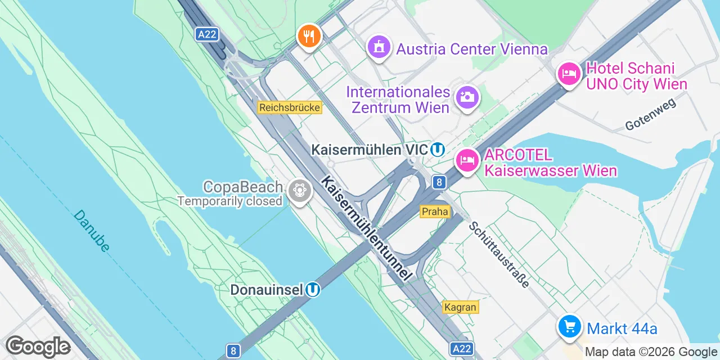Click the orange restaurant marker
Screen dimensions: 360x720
(308, 37)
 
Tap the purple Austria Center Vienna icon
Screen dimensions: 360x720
(380, 47)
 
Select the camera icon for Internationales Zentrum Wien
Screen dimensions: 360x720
(466, 97)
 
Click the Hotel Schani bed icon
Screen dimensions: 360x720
(569, 74)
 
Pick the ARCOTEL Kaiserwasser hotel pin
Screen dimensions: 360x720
(467, 161)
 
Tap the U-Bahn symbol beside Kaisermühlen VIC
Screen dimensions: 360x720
(438, 150)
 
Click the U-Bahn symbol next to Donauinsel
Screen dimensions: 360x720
(313, 290)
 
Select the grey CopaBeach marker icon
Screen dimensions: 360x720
(299, 191)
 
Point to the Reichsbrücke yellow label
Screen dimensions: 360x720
(290, 107)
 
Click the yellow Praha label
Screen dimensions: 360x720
(435, 211)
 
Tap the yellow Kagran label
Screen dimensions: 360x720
(461, 307)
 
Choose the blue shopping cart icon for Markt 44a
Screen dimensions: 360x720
(569, 326)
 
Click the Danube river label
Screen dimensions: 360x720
(91, 231)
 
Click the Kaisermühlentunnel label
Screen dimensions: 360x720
(364, 228)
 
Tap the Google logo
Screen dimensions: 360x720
(38, 347)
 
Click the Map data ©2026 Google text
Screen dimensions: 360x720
(650, 352)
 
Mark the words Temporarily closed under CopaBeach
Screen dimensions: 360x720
(229, 201)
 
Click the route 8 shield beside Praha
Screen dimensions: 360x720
(439, 182)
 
